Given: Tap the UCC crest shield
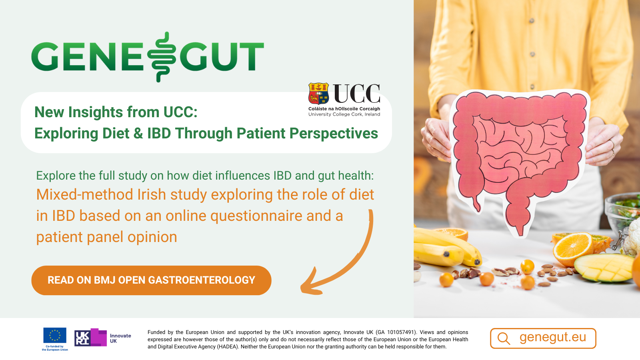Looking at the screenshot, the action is (318, 94).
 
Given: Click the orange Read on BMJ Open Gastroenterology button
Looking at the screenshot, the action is (151, 280).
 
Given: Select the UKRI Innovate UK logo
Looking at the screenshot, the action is (102, 338).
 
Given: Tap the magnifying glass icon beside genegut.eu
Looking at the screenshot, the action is (504, 338).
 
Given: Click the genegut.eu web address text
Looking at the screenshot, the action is (552, 338).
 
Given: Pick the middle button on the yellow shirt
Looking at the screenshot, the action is (532, 54).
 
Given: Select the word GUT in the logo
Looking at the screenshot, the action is (222, 56).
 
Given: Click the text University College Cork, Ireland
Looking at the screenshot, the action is (344, 114).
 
